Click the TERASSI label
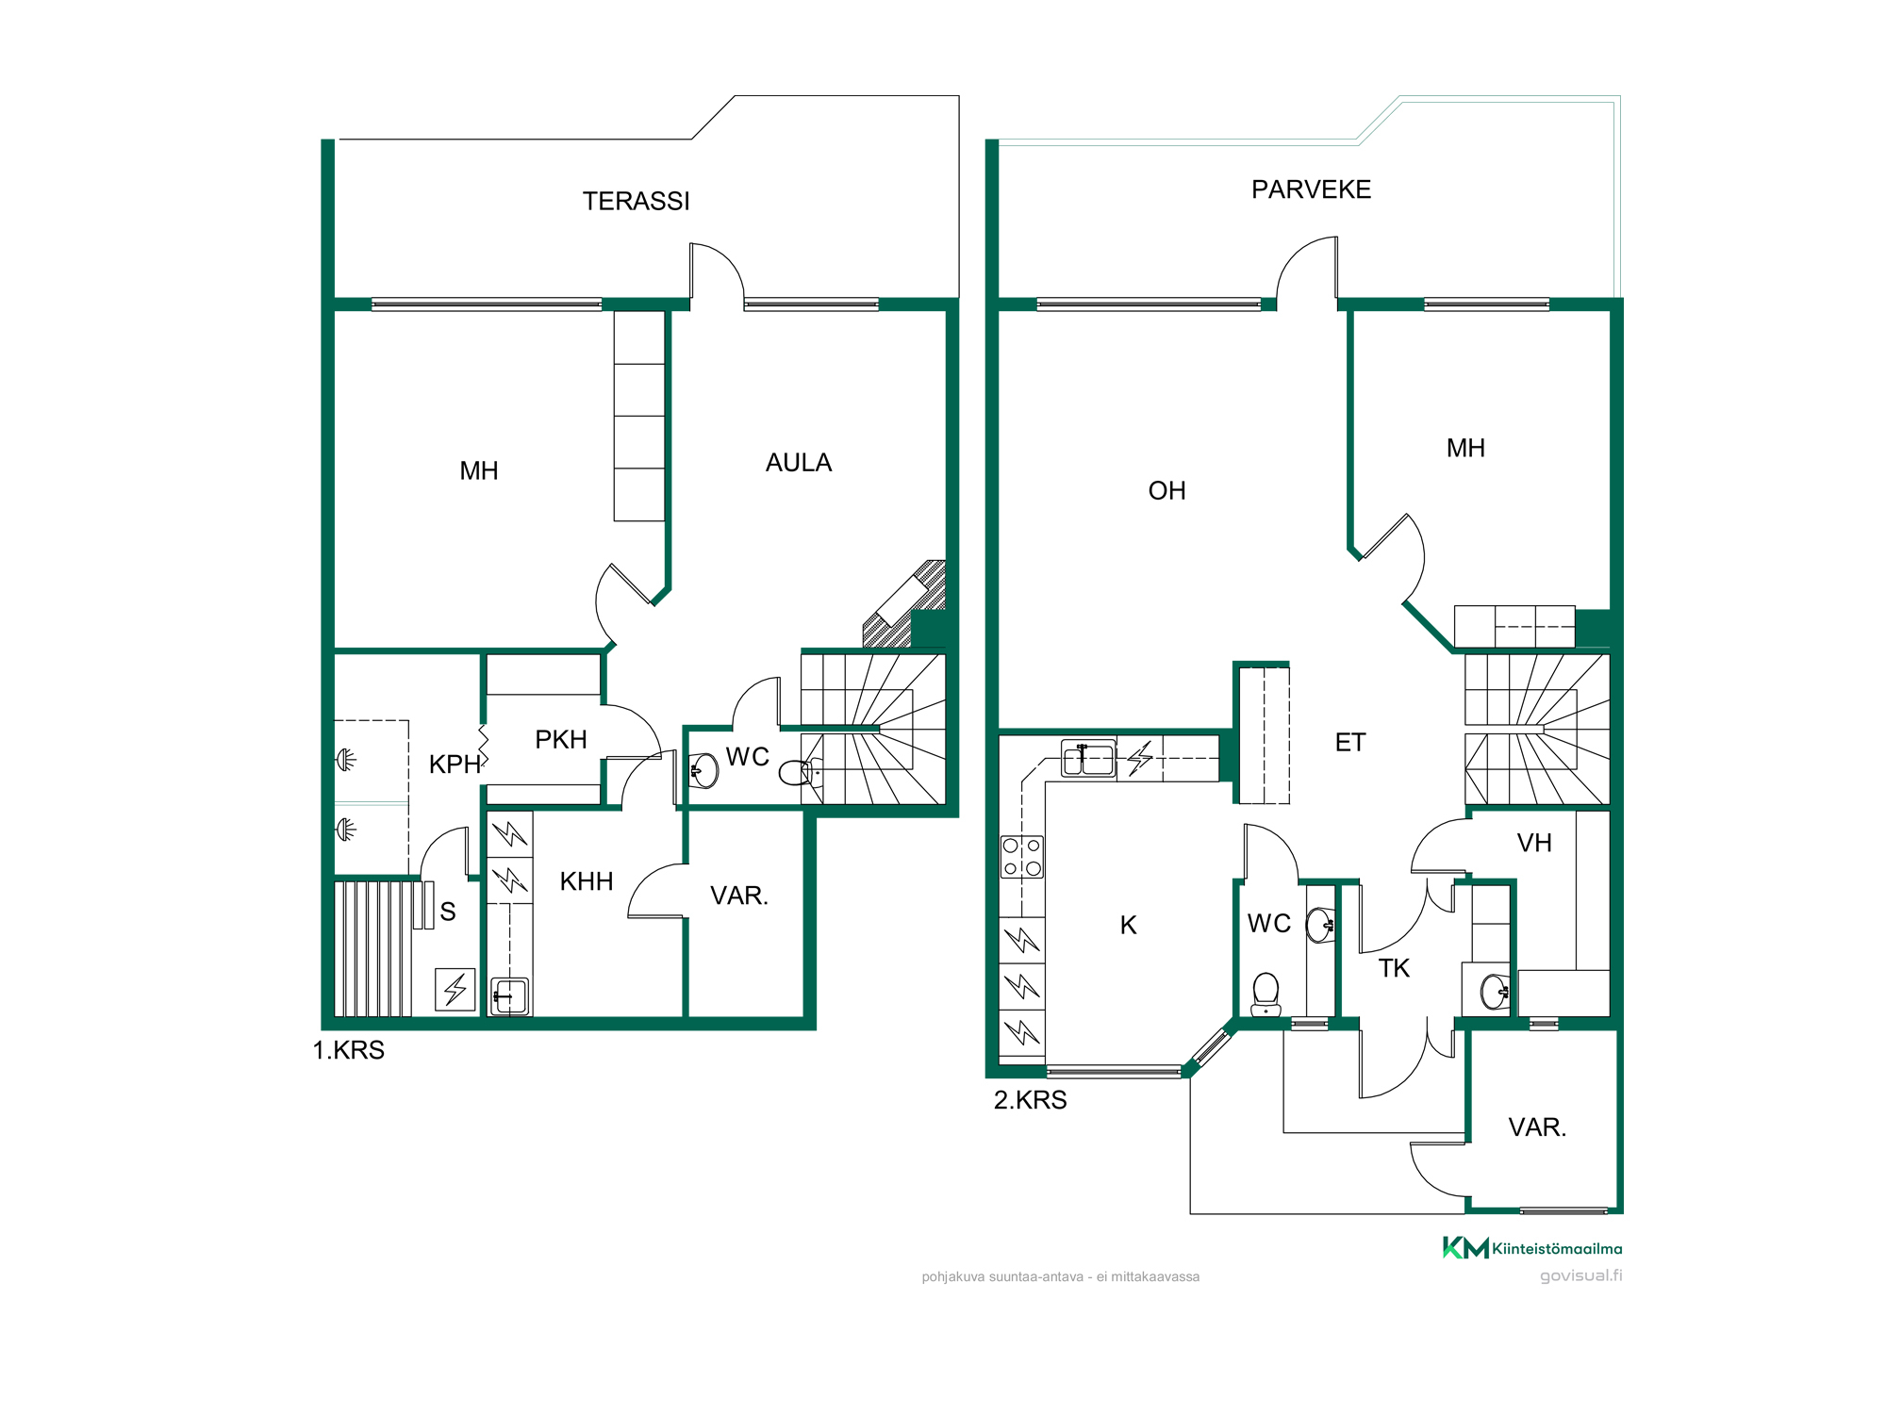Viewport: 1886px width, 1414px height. click(x=636, y=201)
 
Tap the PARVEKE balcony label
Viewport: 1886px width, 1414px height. click(x=1311, y=189)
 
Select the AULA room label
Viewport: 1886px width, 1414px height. click(x=799, y=463)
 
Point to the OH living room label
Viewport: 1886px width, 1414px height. click(x=1166, y=490)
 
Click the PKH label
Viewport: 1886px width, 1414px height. click(x=561, y=739)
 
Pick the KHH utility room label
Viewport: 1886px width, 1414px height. click(x=587, y=881)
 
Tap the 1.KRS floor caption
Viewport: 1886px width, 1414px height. click(x=349, y=1050)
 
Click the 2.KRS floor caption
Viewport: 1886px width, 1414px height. click(x=1031, y=1100)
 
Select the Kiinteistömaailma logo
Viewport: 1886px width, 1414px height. click(x=1532, y=1248)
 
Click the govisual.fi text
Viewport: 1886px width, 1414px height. click(x=1581, y=1275)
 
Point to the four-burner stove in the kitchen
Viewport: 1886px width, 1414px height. click(x=1022, y=857)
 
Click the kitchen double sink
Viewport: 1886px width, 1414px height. click(x=1088, y=759)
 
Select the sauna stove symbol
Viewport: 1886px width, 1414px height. click(x=455, y=990)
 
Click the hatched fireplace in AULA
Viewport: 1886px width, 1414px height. click(x=904, y=604)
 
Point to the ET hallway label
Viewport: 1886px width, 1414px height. click(x=1350, y=743)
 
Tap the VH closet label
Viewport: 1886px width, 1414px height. click(x=1534, y=843)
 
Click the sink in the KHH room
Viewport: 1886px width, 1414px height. click(x=510, y=996)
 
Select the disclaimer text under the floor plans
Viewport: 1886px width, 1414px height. click(x=1061, y=1277)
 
